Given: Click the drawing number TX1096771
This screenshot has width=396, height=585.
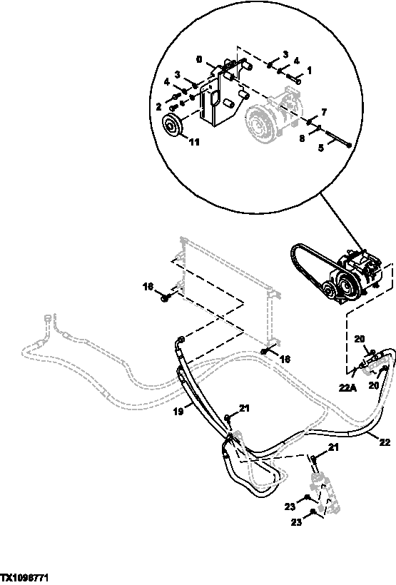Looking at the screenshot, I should pyautogui.click(x=28, y=575).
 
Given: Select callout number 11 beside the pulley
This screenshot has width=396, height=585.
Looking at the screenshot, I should pyautogui.click(x=194, y=142).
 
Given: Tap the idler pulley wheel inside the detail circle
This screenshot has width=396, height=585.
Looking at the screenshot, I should pyautogui.click(x=172, y=126).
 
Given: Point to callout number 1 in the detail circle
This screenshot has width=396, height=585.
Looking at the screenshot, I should pyautogui.click(x=309, y=71).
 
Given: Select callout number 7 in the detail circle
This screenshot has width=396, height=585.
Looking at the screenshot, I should pyautogui.click(x=323, y=113).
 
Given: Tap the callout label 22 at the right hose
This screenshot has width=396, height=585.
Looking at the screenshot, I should pyautogui.click(x=385, y=442).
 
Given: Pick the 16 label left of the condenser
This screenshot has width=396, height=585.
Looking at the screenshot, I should pyautogui.click(x=148, y=287).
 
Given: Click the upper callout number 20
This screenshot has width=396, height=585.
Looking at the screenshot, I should pyautogui.click(x=359, y=340).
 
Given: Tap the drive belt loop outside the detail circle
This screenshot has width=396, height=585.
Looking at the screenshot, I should pyautogui.click(x=303, y=258).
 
